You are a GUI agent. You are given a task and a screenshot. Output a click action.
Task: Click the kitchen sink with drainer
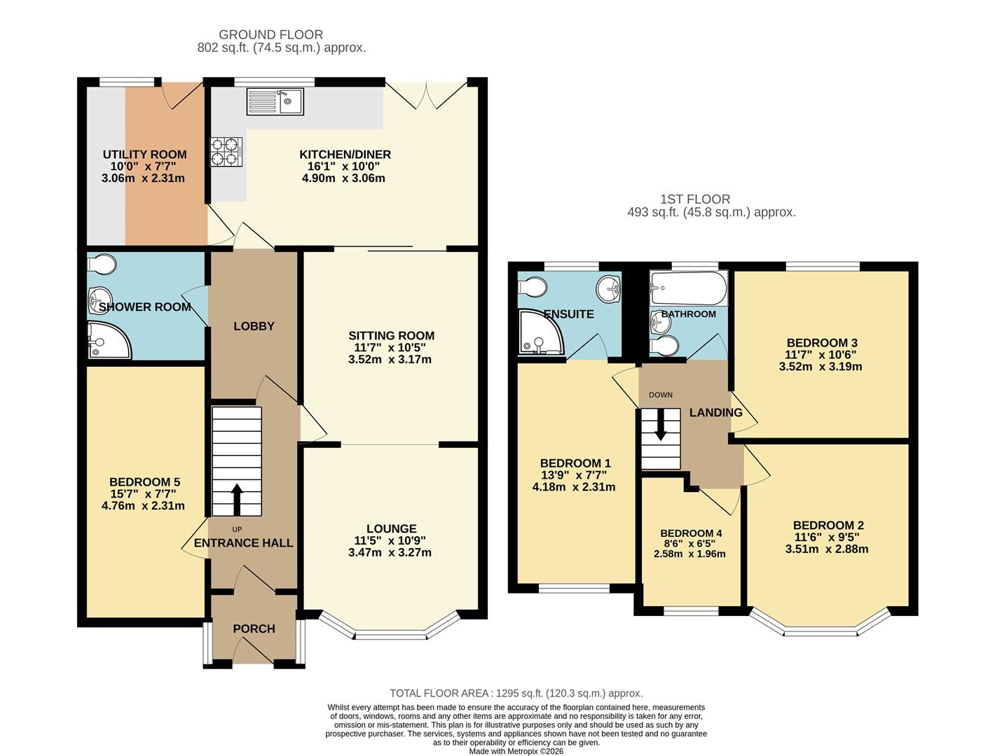point(275,101)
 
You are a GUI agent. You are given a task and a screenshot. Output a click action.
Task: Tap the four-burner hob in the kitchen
point(226,152)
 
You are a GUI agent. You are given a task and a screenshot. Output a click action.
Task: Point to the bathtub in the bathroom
point(688,288)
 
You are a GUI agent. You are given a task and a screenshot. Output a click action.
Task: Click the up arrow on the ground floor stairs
point(237,500)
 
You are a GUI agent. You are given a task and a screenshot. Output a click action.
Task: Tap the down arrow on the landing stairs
point(661,424)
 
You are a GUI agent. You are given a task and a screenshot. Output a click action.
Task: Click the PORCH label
point(254,629)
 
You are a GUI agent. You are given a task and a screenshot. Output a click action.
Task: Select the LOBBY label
point(254,326)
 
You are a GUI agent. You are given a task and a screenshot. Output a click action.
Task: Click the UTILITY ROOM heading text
point(144,155)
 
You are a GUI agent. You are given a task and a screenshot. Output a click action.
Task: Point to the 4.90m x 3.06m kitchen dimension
point(343,178)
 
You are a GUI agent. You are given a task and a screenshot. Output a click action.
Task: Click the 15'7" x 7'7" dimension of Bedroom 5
point(143,494)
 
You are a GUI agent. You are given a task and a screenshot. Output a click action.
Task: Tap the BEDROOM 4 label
point(691,533)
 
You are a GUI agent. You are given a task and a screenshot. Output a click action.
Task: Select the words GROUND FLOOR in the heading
point(271,34)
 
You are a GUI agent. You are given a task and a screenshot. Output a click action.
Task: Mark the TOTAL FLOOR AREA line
point(516,693)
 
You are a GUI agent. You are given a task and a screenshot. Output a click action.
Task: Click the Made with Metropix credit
point(516,752)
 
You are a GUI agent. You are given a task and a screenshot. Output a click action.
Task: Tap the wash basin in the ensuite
point(608,288)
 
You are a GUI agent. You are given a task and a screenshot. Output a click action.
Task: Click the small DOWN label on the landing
point(661,395)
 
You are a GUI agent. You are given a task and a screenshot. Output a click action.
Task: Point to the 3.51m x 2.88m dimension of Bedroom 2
point(827,549)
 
